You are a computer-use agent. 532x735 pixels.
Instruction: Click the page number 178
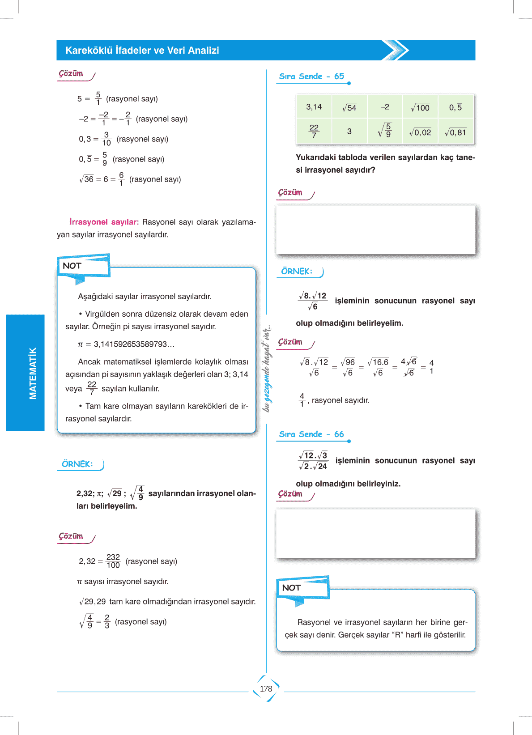click(266, 688)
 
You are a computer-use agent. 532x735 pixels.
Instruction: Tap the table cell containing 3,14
click(314, 107)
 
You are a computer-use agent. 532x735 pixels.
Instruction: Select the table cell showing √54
click(349, 107)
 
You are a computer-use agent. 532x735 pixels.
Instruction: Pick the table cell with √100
click(420, 107)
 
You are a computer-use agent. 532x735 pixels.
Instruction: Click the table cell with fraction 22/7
click(314, 132)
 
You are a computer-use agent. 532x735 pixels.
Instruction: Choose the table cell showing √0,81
click(455, 132)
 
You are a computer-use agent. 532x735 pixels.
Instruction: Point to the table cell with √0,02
click(420, 132)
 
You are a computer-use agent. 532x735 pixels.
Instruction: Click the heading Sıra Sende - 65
click(311, 76)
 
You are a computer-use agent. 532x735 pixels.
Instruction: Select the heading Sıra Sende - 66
click(311, 434)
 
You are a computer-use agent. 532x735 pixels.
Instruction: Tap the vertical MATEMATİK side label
click(33, 373)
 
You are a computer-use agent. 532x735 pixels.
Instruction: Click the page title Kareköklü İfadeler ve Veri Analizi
click(142, 51)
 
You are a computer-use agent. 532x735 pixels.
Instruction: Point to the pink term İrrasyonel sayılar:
click(104, 222)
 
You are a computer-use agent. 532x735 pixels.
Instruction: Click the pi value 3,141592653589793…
click(134, 344)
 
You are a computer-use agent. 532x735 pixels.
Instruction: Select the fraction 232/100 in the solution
click(113, 561)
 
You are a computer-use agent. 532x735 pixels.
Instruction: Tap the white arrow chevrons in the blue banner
click(395, 50)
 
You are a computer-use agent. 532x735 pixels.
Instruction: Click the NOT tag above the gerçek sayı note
click(291, 588)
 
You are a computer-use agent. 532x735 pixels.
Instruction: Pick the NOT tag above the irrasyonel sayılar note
click(72, 266)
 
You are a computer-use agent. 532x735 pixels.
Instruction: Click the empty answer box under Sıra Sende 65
click(375, 229)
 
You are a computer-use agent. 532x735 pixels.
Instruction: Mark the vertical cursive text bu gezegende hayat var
click(267, 368)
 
